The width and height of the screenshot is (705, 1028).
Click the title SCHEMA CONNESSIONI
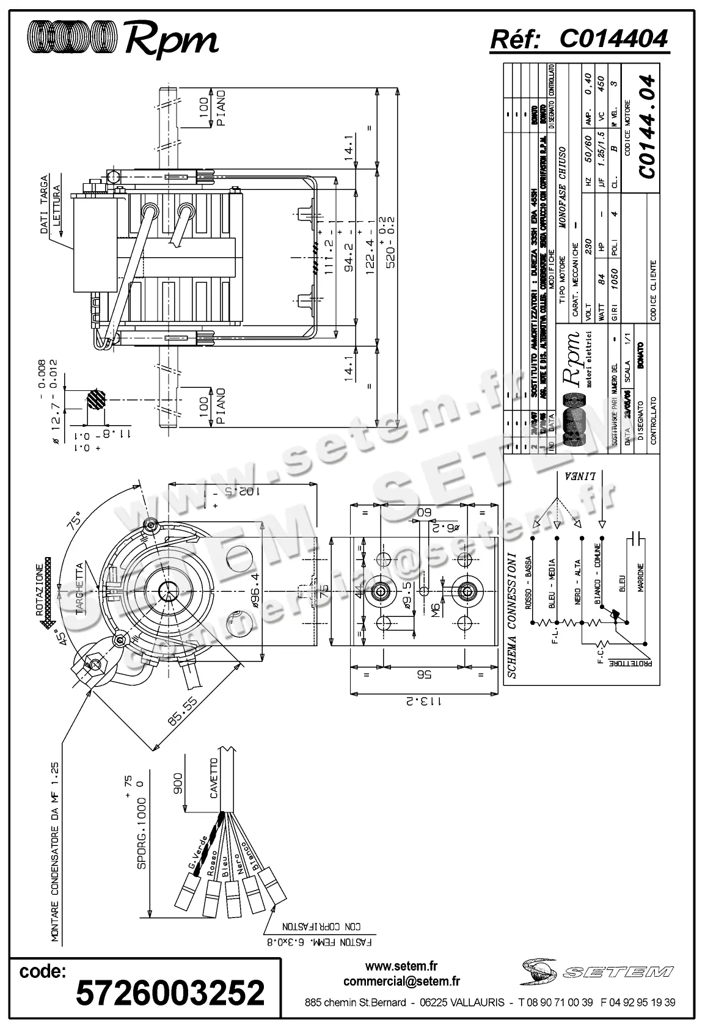click(x=513, y=616)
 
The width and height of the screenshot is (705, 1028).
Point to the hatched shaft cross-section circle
click(x=95, y=401)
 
